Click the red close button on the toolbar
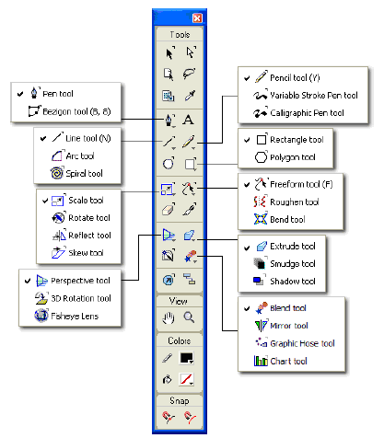pos(197,18)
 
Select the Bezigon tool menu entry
pos(69,111)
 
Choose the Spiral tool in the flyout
pos(76,173)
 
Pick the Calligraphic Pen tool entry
pos(298,113)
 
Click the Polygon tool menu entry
pos(285,157)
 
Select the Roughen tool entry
pos(286,202)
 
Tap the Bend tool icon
pos(261,219)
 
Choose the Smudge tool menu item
pos(285,263)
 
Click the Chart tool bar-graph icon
pos(261,361)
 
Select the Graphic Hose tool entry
pos(295,343)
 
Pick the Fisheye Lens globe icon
pos(41,316)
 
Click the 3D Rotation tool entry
pos(73,298)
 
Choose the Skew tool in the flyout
pos(77,252)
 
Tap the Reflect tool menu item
pos(81,235)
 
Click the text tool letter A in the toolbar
pos(188,120)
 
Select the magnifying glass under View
pos(189,317)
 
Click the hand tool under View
pos(169,317)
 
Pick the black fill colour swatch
pos(186,358)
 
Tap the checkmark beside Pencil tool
pos(247,78)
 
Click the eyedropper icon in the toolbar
pos(190,96)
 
